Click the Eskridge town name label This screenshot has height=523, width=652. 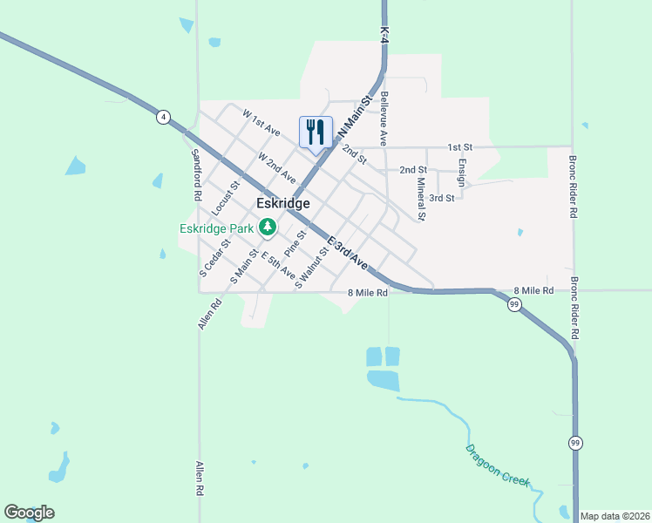point(283,202)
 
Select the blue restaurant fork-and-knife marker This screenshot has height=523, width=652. point(315,132)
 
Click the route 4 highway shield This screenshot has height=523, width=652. point(163,118)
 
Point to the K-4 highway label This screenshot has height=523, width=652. point(384,31)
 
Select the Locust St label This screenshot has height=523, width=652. point(225,200)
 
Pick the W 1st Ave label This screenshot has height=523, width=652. point(261,123)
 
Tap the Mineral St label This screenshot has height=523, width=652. point(421,199)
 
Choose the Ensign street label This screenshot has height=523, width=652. point(461,172)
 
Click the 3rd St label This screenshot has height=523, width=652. point(442,198)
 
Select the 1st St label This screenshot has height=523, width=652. point(459,147)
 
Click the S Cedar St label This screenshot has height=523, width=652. point(214,256)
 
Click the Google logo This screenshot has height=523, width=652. point(29,513)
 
